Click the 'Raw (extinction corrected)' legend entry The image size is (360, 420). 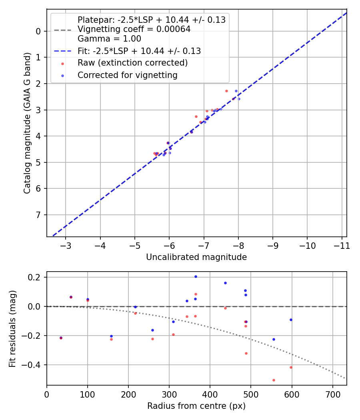coord(132,63)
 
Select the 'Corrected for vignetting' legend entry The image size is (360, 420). coord(128,75)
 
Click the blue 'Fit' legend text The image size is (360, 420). coord(139,51)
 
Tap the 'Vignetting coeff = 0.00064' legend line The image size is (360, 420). coord(134,29)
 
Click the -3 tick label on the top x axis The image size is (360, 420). coord(66,245)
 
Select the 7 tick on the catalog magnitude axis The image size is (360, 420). coord(38,215)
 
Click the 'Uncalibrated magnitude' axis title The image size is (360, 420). coord(196,257)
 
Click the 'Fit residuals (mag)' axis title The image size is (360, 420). coord(12,328)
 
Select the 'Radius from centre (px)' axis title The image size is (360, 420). coord(196,406)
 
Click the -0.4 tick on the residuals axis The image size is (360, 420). coord(35,365)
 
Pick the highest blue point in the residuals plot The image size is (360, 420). coord(196,276)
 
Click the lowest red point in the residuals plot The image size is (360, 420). coord(274,380)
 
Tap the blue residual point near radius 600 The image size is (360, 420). coord(291,320)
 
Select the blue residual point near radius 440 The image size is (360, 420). coord(225,283)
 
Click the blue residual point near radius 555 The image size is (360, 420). coord(274,339)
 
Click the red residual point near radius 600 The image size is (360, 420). coord(291,367)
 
